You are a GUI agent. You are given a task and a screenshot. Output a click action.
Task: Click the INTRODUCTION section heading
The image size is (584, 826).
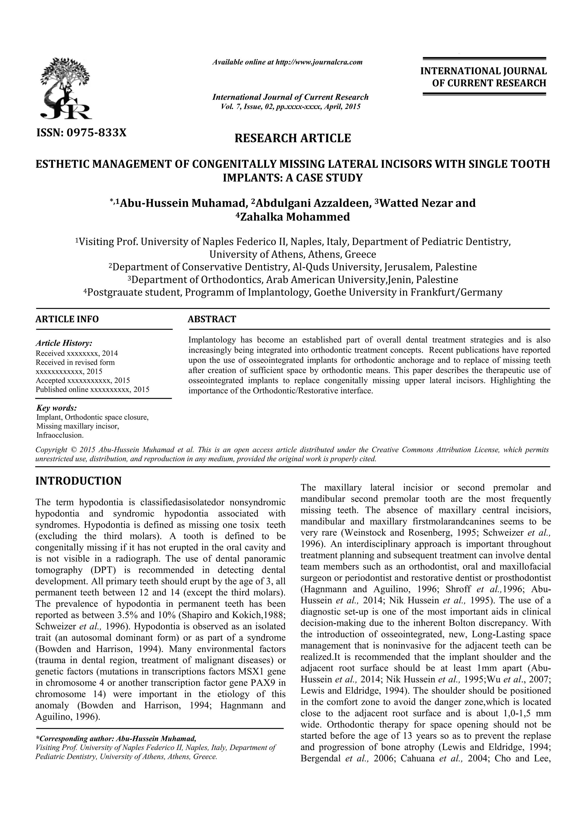78,481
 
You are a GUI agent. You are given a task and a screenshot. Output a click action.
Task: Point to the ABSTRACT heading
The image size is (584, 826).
212,319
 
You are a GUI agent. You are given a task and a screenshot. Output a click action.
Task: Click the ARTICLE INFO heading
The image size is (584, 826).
67,319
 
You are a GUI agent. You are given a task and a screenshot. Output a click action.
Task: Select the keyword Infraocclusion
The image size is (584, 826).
60,435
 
